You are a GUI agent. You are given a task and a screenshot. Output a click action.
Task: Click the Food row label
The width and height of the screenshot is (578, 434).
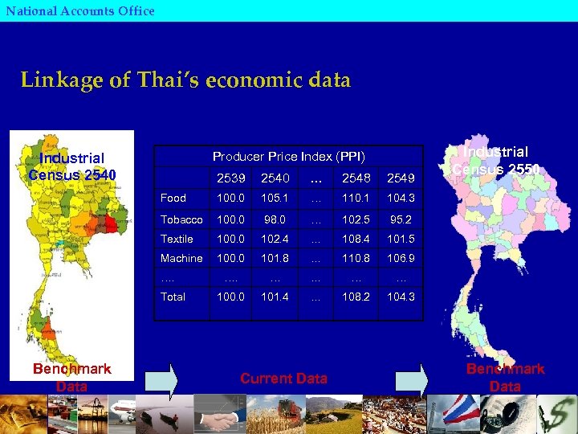point(173,198)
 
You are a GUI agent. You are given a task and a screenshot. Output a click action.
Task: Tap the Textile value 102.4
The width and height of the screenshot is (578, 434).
point(273,239)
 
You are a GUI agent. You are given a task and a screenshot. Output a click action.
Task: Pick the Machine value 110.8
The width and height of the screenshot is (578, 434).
point(354,258)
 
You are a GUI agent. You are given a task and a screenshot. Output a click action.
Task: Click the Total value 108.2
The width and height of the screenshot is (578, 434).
point(354,297)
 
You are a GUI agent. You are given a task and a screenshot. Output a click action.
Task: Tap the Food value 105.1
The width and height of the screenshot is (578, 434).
point(273,198)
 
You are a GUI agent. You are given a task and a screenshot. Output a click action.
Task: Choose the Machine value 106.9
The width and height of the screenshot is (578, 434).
point(401,258)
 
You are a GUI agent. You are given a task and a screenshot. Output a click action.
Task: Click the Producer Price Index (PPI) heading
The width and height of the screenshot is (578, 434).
point(288,156)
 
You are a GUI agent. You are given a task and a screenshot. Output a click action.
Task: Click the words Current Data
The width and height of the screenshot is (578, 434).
point(283,379)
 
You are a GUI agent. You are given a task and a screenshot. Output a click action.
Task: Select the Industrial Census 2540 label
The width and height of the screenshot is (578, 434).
point(72,166)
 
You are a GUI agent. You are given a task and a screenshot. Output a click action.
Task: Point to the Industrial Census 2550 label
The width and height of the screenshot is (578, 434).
point(495,160)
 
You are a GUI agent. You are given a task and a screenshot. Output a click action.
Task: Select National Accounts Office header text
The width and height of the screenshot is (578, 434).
point(79,10)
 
